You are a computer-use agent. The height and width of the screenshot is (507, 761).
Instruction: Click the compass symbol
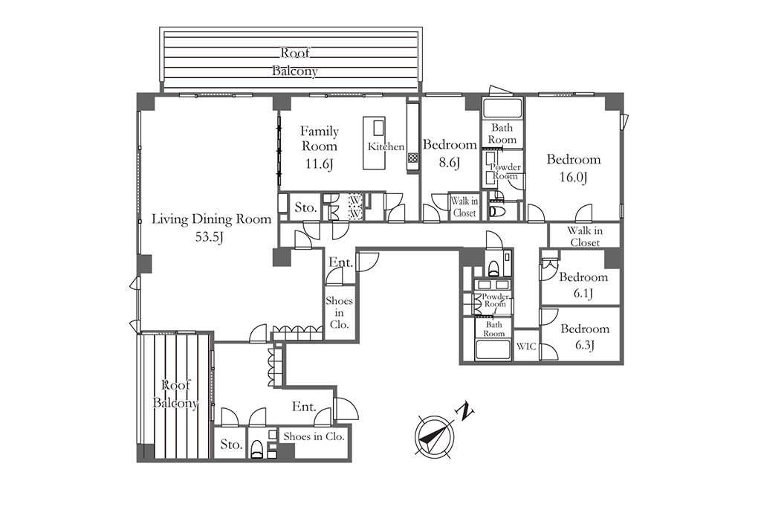pyautogui.click(x=435, y=436)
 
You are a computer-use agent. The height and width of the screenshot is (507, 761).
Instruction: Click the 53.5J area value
pyautogui.click(x=209, y=237)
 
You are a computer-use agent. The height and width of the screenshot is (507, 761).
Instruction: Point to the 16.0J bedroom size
pyautogui.click(x=573, y=177)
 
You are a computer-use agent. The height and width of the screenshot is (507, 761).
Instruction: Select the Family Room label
pyautogui.click(x=320, y=138)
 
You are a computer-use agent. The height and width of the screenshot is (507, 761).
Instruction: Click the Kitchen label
pyautogui.click(x=386, y=146)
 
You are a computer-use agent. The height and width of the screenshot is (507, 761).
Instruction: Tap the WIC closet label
pyautogui.click(x=527, y=346)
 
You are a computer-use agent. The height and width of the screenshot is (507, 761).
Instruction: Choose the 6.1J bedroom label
pyautogui.click(x=583, y=285)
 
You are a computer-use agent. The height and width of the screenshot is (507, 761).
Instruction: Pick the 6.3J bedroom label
pyautogui.click(x=585, y=337)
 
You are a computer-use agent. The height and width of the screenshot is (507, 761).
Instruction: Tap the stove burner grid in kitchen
pyautogui.click(x=412, y=158)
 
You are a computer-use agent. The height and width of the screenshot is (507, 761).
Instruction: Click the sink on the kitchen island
pyautogui.click(x=378, y=128)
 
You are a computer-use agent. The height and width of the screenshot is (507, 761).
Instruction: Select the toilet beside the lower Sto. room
pyautogui.click(x=256, y=449)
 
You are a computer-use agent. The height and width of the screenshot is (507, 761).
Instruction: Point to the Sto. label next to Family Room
pyautogui.click(x=305, y=208)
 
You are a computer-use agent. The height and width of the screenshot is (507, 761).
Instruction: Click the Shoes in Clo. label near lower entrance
pyautogui.click(x=314, y=436)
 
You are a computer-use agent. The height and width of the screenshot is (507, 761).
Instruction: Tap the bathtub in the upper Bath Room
pyautogui.click(x=502, y=108)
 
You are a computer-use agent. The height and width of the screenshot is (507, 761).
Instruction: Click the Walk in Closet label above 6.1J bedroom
pyautogui.click(x=585, y=236)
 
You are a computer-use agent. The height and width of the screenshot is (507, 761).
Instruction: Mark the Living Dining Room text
pyautogui.click(x=212, y=219)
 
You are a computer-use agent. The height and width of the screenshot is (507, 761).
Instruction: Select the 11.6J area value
pyautogui.click(x=319, y=164)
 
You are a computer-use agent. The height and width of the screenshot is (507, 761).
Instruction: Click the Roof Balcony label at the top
pyautogui.click(x=294, y=62)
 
